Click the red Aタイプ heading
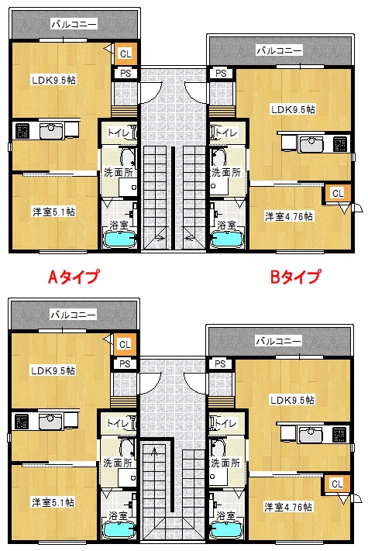[74, 277]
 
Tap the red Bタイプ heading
[296, 277]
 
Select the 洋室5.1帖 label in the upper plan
[53, 212]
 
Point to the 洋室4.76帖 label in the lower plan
[288, 507]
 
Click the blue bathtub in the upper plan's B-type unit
[226, 239]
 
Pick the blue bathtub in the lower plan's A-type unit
[119, 530]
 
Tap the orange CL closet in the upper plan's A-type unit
[126, 53]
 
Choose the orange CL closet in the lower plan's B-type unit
[337, 484]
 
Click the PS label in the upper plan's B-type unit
[221, 74]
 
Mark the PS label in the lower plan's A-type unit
[125, 364]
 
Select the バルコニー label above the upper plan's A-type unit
[74, 24]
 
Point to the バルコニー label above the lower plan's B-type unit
[278, 341]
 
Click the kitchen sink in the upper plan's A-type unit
[51, 131]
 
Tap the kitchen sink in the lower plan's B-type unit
[311, 436]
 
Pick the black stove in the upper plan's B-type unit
[340, 144]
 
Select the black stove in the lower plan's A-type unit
[22, 422]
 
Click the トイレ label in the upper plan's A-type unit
[119, 133]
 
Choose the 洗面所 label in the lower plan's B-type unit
[225, 463]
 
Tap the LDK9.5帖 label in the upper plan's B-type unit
[293, 109]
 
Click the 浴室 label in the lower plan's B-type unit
[225, 515]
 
